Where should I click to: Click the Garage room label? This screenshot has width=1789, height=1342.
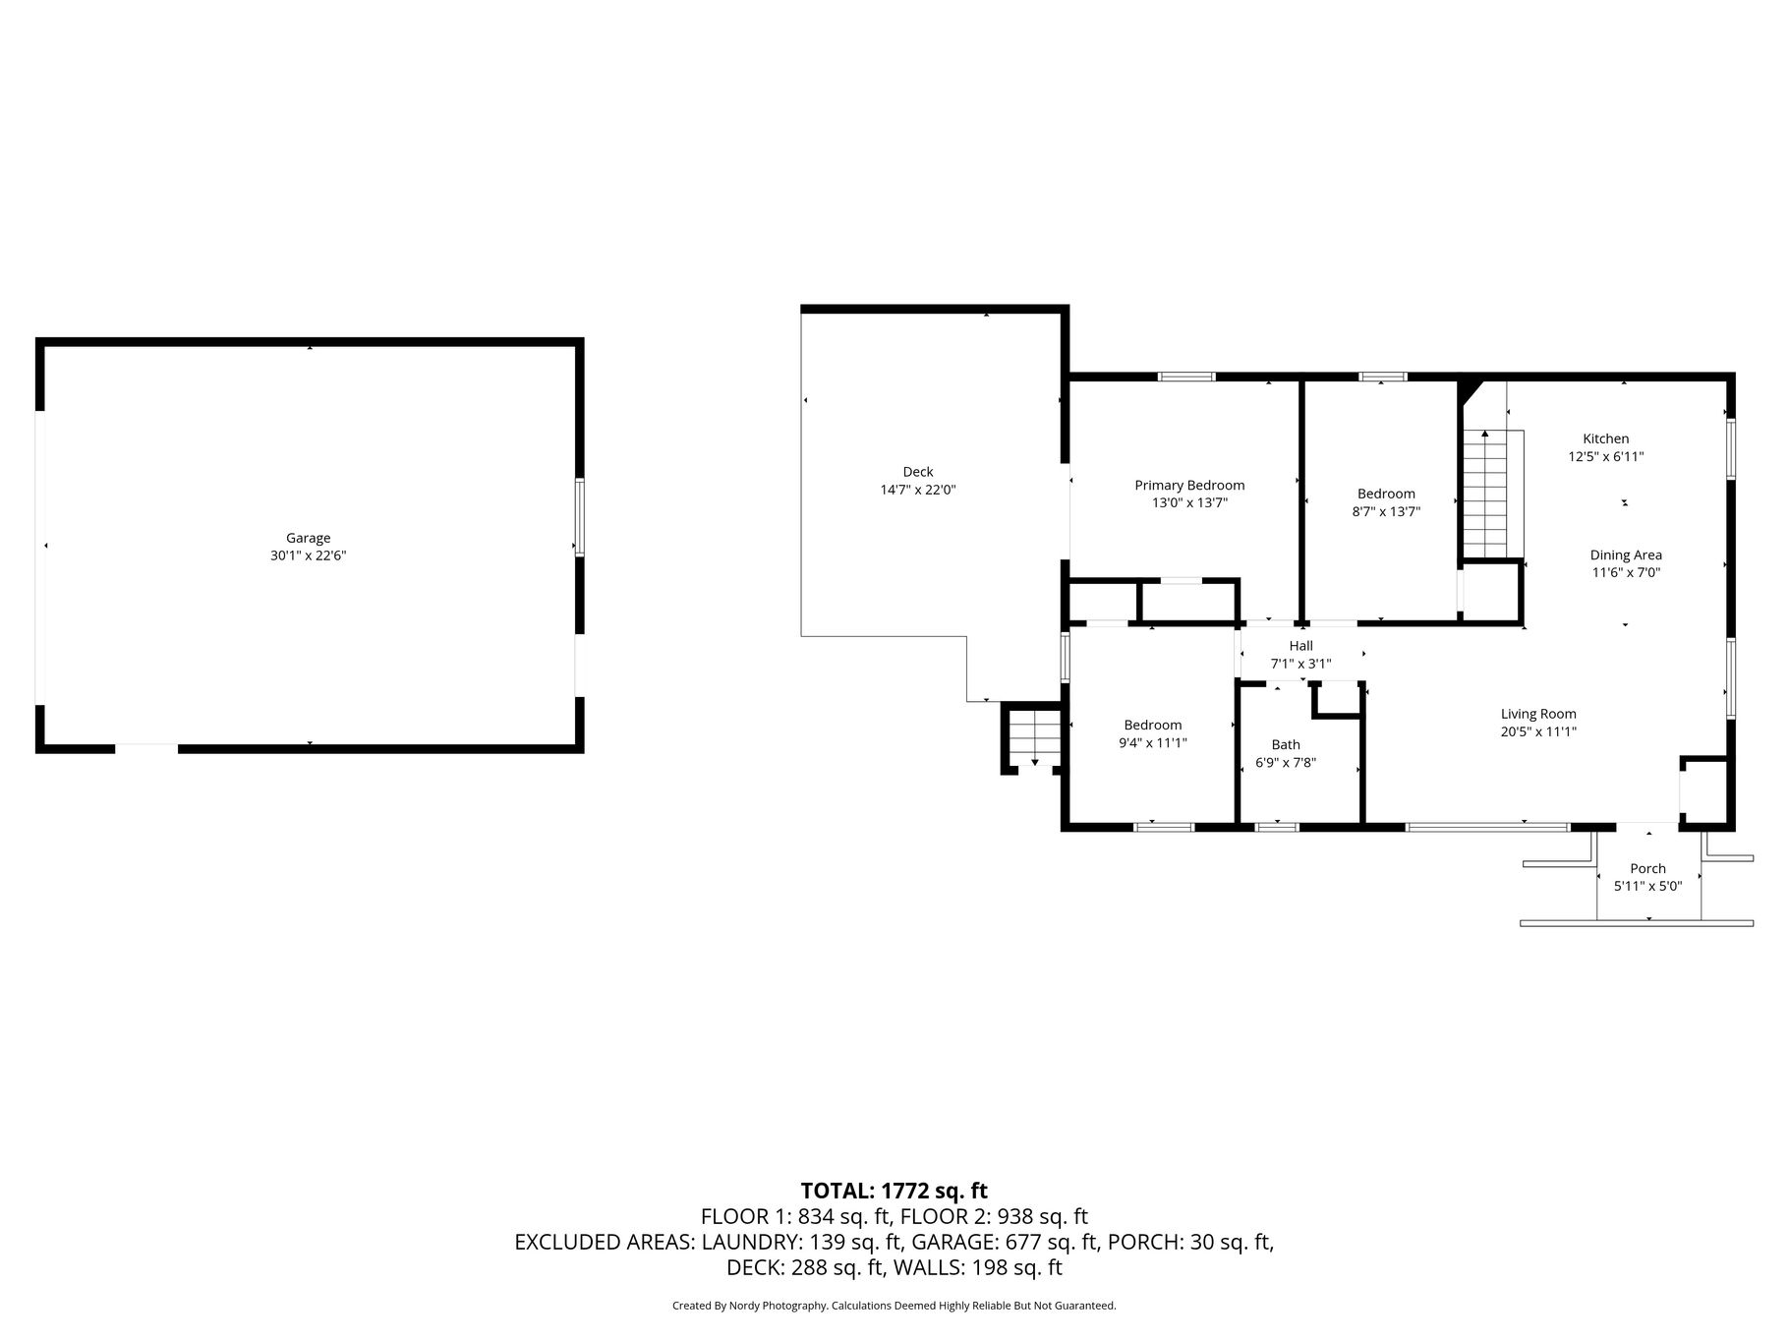(308, 538)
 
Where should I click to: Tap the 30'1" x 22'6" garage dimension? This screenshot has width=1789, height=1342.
(309, 555)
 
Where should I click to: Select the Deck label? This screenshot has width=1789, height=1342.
(918, 472)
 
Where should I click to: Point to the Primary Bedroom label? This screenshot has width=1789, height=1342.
(1189, 486)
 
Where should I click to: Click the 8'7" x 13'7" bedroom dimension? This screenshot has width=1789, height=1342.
(1387, 511)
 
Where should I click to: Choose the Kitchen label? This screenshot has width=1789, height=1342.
(1605, 438)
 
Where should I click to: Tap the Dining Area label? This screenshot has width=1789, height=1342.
(1626, 554)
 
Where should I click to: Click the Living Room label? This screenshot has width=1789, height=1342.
(1538, 714)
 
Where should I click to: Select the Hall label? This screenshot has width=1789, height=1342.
(1300, 646)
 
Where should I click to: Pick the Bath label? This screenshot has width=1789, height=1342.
(1286, 744)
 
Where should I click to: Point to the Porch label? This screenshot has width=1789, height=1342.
(1647, 868)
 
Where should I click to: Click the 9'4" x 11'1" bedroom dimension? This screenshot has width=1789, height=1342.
(1153, 743)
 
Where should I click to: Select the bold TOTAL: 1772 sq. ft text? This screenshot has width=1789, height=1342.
(894, 1192)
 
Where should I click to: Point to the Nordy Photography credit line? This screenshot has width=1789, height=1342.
(894, 1306)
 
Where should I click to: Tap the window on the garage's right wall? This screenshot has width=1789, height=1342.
(580, 518)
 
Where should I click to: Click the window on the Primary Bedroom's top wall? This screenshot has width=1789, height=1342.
(1186, 377)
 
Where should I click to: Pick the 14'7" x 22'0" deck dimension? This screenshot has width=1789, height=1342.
(918, 490)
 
